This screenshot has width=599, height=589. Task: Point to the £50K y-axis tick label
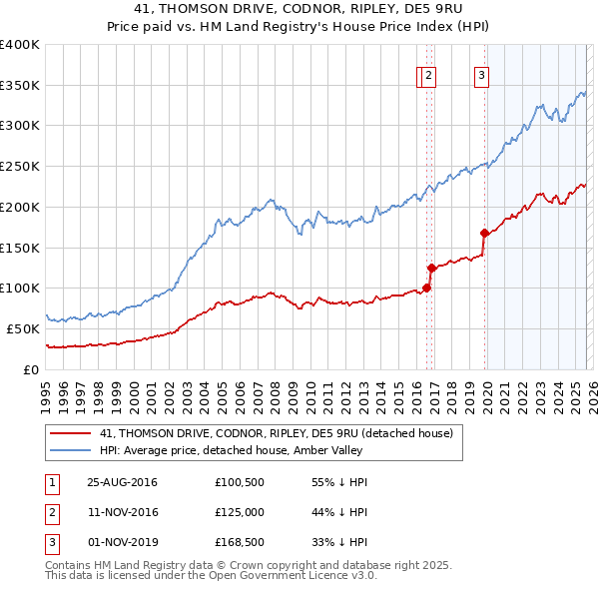[23, 328]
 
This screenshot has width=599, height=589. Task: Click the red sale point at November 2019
[484, 233]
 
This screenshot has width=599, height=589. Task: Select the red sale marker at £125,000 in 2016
[432, 268]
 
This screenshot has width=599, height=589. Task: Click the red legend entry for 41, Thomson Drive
[277, 433]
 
